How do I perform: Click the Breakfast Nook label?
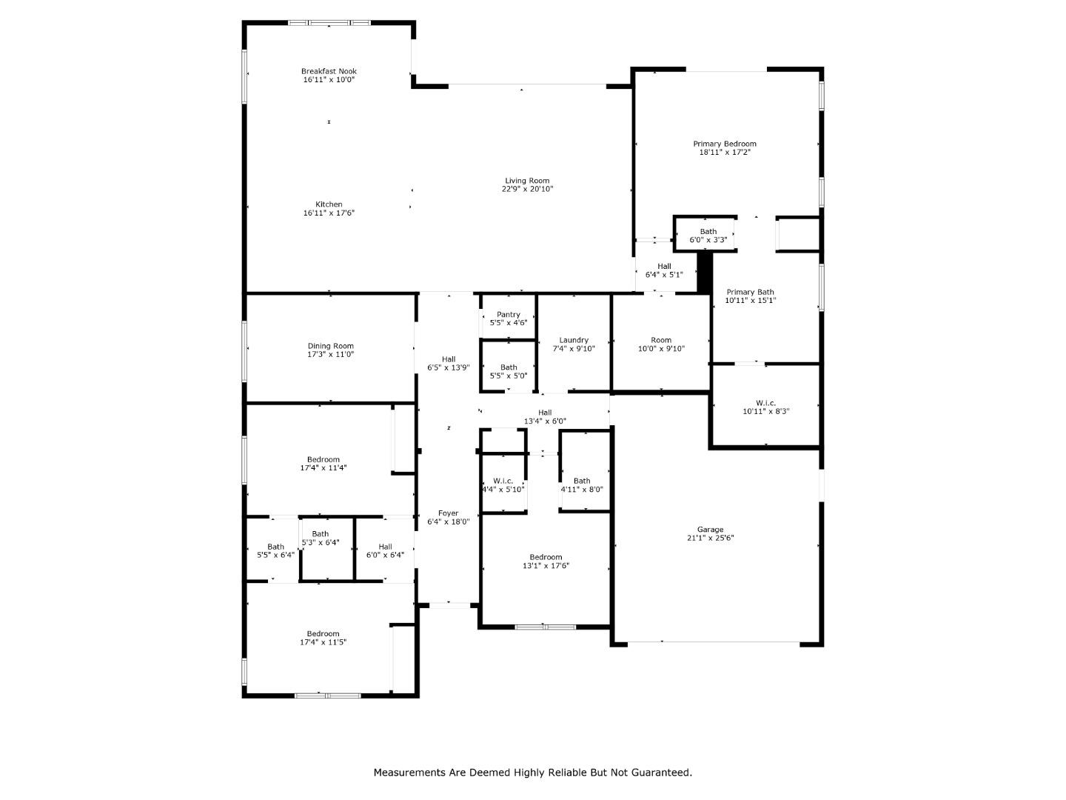point(329,71)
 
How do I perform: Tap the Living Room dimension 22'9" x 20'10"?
point(527,190)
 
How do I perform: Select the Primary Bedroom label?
point(725,144)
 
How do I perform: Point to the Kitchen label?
point(329,204)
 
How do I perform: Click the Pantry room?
point(508,319)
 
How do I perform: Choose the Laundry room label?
point(574,340)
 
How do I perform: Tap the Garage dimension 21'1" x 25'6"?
point(710,539)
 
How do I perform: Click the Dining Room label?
point(330,346)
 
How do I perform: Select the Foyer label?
point(448,513)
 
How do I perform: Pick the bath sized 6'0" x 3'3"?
point(708,236)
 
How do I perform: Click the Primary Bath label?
point(750,292)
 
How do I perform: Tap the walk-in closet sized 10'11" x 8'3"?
point(765,407)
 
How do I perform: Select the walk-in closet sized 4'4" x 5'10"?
point(503,485)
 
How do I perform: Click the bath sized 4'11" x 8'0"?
point(582,485)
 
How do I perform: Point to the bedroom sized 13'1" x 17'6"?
point(546,561)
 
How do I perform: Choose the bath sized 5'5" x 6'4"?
point(275,551)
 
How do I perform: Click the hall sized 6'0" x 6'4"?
point(385,551)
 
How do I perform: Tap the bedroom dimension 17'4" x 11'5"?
point(323,643)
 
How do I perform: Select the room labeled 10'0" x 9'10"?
point(661,344)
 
